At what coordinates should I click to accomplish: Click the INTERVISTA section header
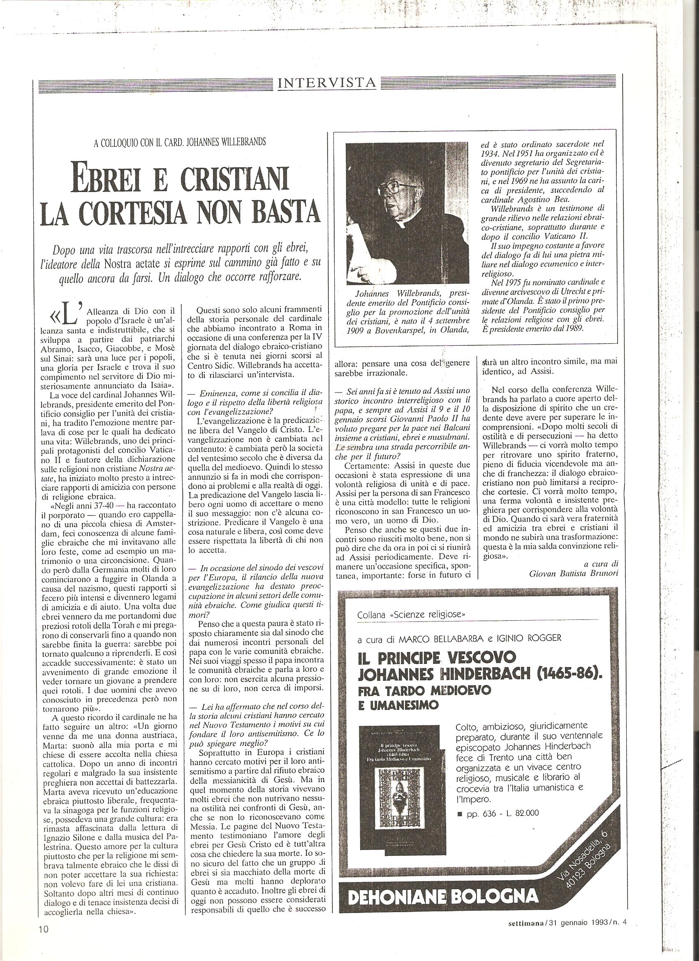coord(326,83)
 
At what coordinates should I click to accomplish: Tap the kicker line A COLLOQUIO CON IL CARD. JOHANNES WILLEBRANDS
coord(180,142)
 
